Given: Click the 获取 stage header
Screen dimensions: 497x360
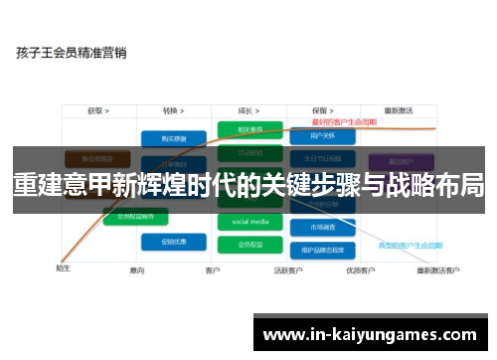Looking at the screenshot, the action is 97,110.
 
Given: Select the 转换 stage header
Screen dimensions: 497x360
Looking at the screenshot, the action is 173,110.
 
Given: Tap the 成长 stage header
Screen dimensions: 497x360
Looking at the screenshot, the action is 249,110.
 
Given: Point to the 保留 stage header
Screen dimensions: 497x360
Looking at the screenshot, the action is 321,110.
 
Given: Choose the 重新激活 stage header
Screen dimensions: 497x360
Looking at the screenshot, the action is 400,110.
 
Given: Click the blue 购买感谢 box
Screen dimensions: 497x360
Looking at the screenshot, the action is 173,138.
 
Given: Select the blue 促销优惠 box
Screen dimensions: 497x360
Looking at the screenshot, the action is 173,242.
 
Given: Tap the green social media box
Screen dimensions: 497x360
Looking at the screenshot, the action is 249,221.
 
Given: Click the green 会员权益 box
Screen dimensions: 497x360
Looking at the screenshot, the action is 249,242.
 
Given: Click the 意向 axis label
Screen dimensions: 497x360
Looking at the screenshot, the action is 137,270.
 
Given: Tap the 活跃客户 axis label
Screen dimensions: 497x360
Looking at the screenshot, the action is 287,270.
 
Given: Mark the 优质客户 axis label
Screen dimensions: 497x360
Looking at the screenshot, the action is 359,270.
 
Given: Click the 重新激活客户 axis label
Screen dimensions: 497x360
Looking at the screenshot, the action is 438,270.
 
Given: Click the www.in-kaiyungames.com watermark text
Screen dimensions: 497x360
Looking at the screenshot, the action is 369,334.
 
